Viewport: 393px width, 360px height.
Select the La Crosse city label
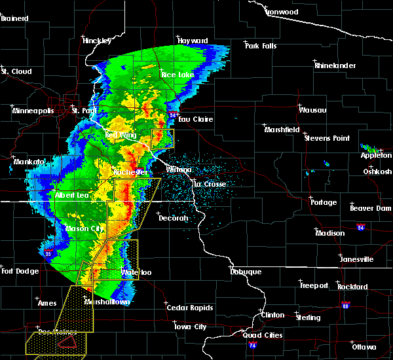pyautogui.click(x=209, y=184)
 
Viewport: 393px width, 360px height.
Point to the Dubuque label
pyautogui.click(x=246, y=272)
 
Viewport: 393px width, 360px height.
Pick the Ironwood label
pyautogui.click(x=282, y=12)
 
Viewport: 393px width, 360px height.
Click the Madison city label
pyautogui.click(x=329, y=233)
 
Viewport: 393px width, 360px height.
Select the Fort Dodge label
pyautogui.click(x=16, y=271)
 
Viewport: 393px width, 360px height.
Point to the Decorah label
pyautogui.click(x=173, y=218)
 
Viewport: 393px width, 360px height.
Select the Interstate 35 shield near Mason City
pyautogui.click(x=48, y=249)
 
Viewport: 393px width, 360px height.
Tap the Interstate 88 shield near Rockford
pyautogui.click(x=345, y=305)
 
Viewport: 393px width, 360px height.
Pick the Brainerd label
pyautogui.click(x=16, y=18)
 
